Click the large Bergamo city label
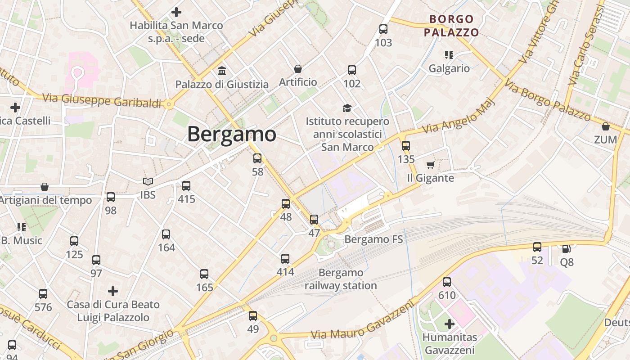231,135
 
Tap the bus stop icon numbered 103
383,30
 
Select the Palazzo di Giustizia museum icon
222,71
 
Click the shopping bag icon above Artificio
297,69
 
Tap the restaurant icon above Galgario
449,55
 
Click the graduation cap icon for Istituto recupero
347,108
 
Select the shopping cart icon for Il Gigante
430,165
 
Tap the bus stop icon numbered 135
406,146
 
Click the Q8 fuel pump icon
567,248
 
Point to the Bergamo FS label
373,239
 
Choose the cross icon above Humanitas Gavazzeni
450,324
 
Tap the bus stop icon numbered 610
446,282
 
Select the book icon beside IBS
148,181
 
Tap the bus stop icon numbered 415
186,185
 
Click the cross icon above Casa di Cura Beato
113,291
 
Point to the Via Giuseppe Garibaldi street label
102,100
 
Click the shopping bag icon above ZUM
606,126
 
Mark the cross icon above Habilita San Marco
176,12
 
